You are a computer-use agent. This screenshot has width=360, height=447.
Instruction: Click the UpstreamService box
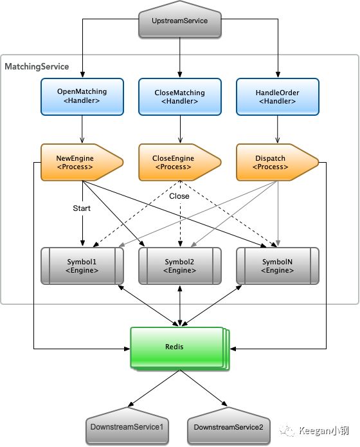(x=180, y=20)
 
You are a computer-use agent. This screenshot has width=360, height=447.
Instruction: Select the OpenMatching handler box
(x=82, y=96)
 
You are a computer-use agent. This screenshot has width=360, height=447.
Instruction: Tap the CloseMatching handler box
(x=180, y=96)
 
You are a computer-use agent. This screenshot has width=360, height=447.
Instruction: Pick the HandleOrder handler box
(x=278, y=96)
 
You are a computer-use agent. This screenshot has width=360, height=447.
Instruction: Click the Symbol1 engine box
(x=82, y=266)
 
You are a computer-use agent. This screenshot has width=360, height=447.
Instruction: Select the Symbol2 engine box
(x=180, y=266)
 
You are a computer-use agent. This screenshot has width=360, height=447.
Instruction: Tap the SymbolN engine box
(x=278, y=266)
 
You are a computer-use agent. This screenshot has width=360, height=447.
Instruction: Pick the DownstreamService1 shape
(x=127, y=426)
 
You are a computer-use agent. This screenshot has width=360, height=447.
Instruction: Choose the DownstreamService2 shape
(x=229, y=426)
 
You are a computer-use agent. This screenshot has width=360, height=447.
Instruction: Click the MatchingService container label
(x=37, y=66)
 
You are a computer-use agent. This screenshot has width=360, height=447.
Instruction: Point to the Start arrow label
(x=82, y=208)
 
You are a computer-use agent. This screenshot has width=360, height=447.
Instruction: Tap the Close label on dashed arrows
(x=179, y=196)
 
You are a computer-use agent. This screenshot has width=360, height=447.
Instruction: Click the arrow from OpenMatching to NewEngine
(x=82, y=129)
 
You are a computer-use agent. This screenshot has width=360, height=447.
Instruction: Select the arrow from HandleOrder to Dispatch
(x=278, y=129)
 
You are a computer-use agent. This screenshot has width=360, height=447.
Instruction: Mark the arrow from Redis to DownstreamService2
(x=204, y=388)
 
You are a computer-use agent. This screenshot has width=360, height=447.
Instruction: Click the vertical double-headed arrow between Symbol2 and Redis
(x=180, y=306)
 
